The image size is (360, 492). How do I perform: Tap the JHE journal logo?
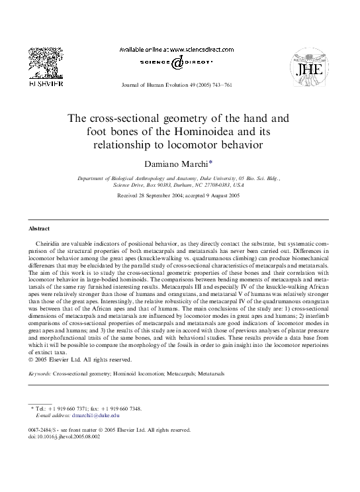(314, 67)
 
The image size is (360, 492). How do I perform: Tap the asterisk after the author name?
(211, 162)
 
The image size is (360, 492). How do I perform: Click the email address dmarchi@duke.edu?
(96, 416)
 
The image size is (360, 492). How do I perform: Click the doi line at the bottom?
(64, 436)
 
